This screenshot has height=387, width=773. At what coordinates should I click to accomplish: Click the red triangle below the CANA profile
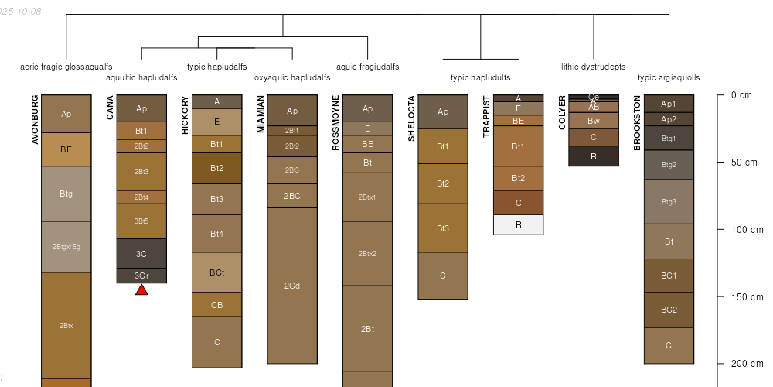(141, 289)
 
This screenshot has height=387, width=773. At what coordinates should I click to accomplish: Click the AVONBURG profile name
(35, 119)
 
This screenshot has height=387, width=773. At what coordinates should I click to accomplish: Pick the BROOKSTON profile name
(637, 122)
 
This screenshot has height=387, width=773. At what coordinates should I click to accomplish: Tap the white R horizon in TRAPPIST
(518, 224)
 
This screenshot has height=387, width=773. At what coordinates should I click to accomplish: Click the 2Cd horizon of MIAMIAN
(292, 286)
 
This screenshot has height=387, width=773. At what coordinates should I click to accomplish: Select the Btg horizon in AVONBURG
(66, 193)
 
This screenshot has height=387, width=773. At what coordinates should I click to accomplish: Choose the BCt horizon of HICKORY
(216, 272)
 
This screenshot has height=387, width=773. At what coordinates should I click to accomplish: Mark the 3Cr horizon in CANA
(141, 276)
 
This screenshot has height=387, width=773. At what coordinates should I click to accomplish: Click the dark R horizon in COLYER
(593, 156)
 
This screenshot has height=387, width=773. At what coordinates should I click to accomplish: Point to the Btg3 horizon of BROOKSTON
(669, 202)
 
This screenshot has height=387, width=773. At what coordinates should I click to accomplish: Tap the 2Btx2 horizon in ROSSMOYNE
(367, 254)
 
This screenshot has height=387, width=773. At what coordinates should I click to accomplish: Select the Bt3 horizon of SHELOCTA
(443, 228)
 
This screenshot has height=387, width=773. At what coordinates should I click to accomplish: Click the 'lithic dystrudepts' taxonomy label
(594, 67)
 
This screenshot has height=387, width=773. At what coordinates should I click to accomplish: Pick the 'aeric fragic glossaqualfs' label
(66, 67)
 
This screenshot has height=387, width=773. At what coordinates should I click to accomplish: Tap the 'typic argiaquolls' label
(669, 77)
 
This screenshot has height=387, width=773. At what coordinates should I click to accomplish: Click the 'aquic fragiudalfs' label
(368, 67)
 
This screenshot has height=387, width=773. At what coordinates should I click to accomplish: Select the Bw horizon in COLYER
(593, 121)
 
